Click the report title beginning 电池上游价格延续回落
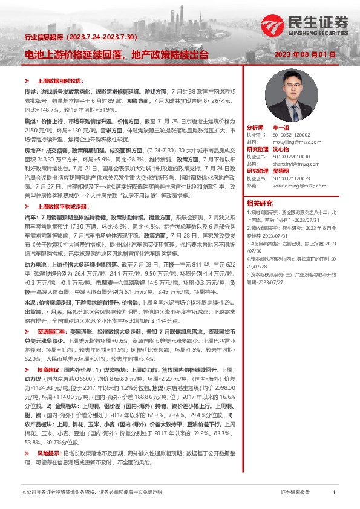(x=117, y=54)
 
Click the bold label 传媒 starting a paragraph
(x=30, y=90)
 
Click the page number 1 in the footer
(x=334, y=493)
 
